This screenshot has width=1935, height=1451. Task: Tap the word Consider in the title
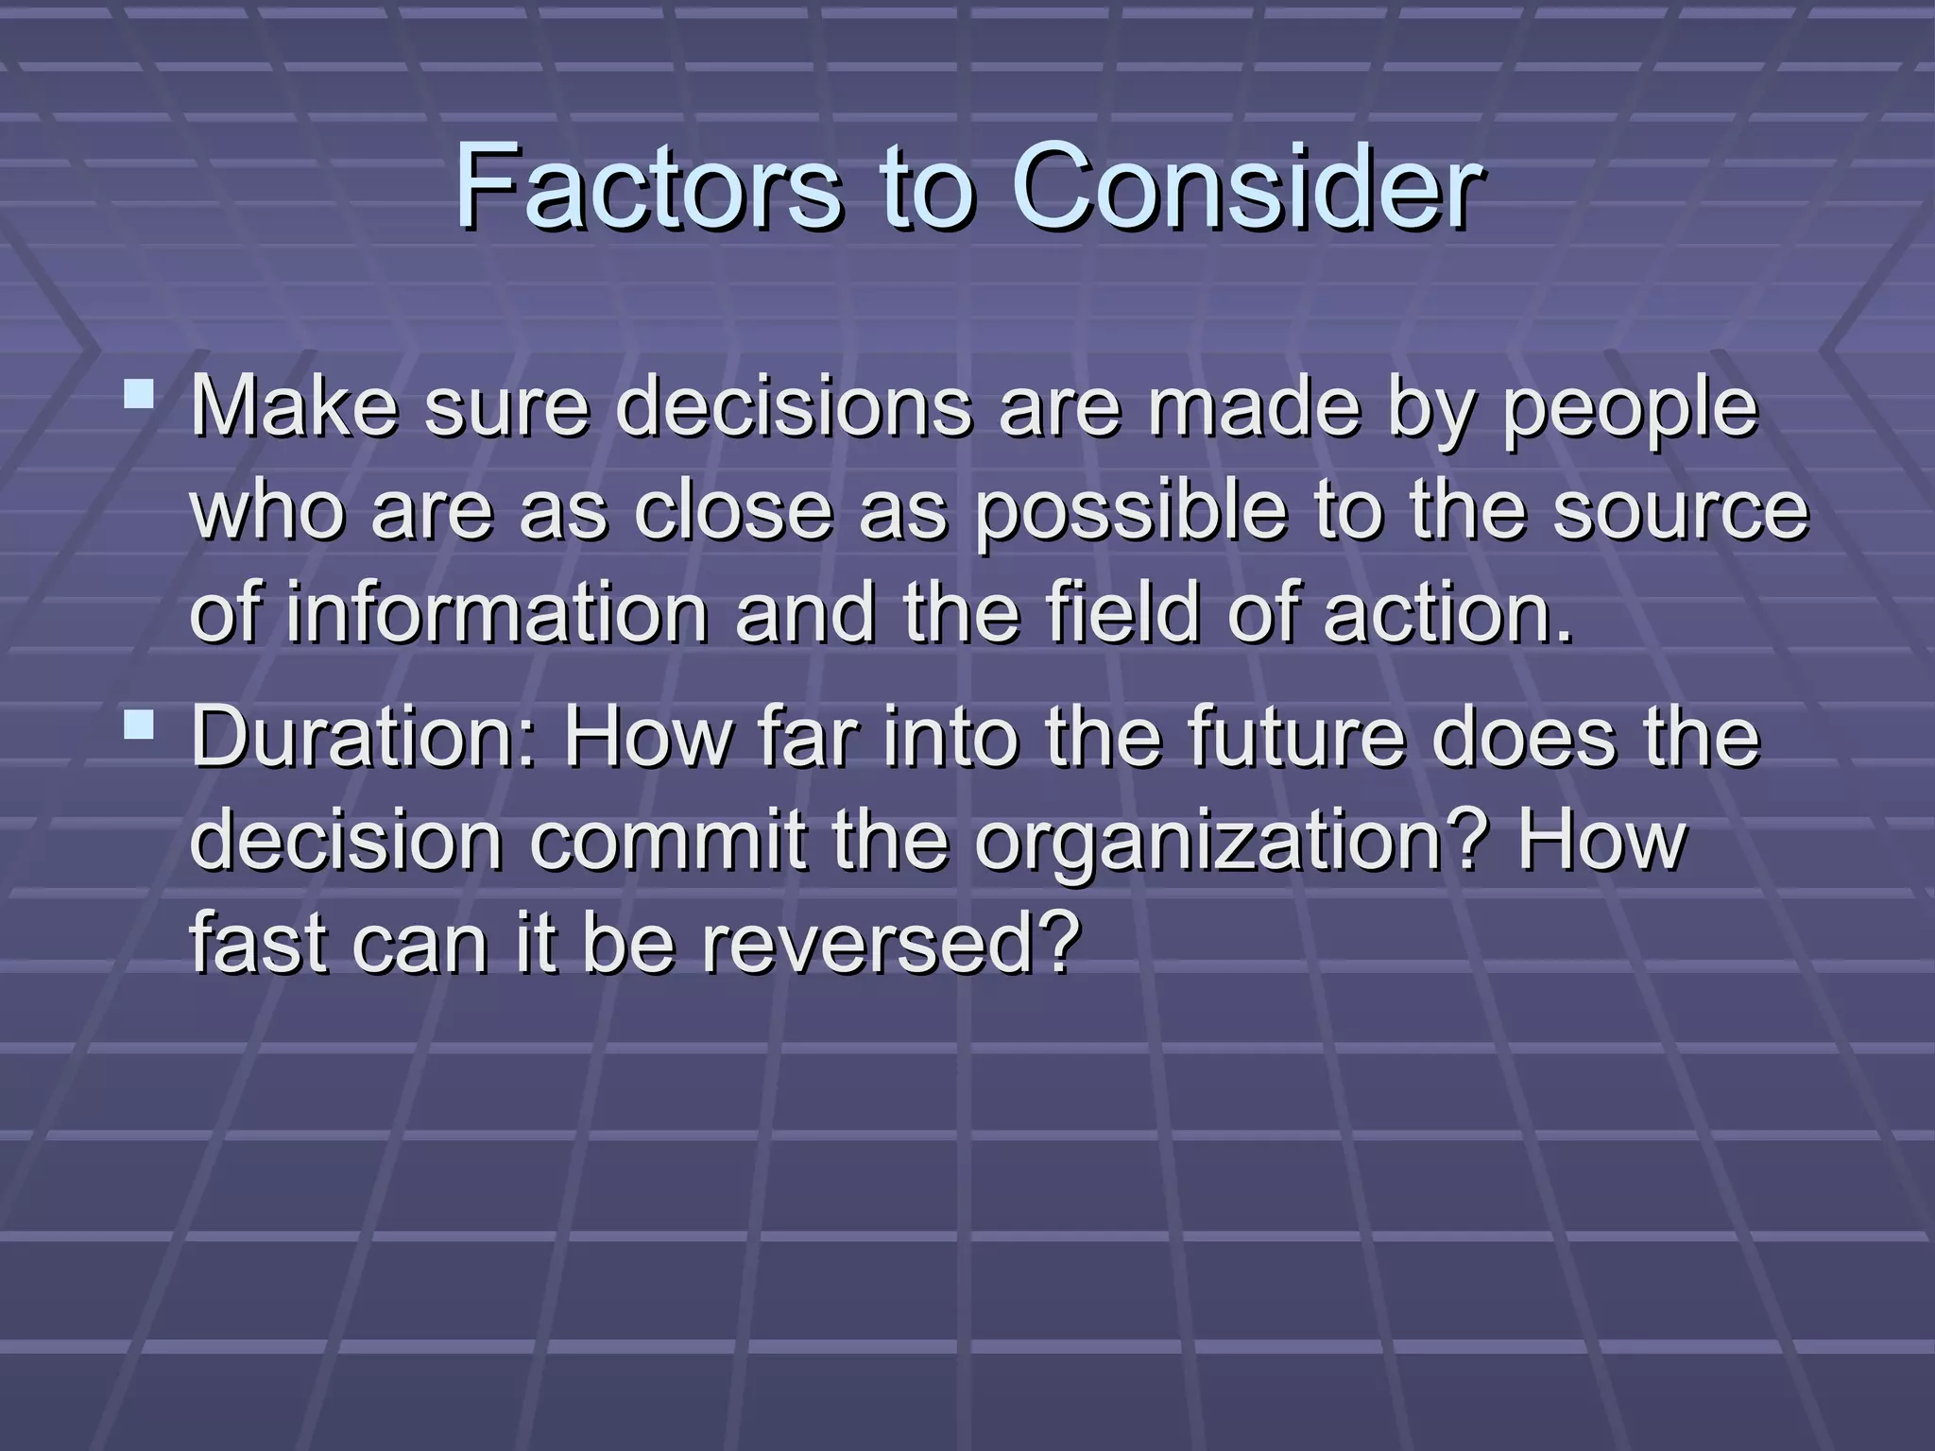pos(1246,187)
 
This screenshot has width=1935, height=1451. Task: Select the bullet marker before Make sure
pos(139,393)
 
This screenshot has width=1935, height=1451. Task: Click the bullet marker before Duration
pos(139,725)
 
